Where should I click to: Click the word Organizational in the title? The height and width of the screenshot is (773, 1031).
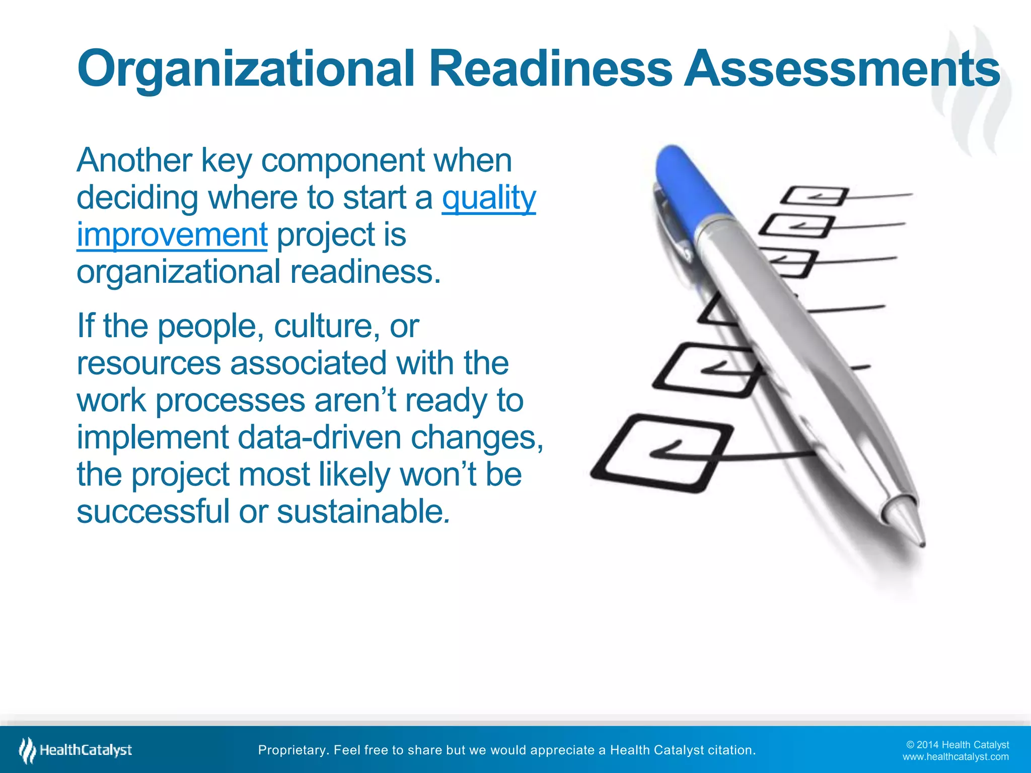coord(246,69)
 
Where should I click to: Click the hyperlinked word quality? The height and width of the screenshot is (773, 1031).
coord(489,198)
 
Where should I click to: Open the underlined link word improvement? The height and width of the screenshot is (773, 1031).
coord(172,235)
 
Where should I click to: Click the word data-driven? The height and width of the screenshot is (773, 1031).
coord(319,437)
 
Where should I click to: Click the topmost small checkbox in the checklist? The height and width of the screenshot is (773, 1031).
coord(814,196)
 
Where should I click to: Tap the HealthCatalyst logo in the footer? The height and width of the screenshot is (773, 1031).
coord(76,750)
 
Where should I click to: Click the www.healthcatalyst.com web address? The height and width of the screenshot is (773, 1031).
coord(955,757)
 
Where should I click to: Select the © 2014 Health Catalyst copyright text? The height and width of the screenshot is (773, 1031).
coord(958,745)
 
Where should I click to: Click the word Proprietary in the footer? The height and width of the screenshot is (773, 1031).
coord(291,750)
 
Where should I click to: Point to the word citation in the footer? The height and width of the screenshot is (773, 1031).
coord(731,750)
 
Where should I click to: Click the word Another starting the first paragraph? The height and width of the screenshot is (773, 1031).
coord(134,161)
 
